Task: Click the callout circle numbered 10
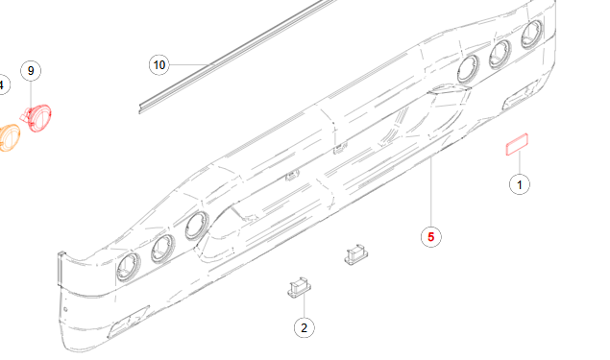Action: click(159, 64)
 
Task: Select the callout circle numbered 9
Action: click(31, 71)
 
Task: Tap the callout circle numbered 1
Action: click(520, 182)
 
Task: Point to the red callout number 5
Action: click(431, 234)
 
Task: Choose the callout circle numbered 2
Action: click(304, 327)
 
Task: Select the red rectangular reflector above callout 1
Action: click(519, 145)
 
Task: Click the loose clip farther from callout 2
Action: click(356, 254)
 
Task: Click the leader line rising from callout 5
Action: click(431, 192)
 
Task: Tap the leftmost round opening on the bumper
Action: click(128, 269)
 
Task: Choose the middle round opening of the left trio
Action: click(161, 249)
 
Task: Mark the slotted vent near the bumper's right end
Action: click(524, 95)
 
